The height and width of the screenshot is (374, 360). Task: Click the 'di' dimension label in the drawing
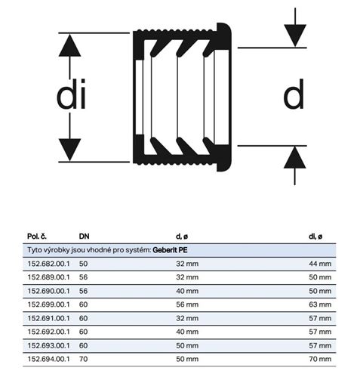pyautogui.click(x=71, y=94)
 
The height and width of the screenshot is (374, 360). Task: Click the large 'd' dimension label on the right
pyautogui.click(x=294, y=94)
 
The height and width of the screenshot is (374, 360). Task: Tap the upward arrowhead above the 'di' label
pyautogui.click(x=69, y=45)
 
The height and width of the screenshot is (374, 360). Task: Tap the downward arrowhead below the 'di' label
pyautogui.click(x=69, y=150)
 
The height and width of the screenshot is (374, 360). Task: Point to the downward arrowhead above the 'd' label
pyautogui.click(x=295, y=36)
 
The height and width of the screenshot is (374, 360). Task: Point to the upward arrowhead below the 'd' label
pyautogui.click(x=295, y=157)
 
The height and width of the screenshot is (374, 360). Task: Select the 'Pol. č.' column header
pyautogui.click(x=37, y=236)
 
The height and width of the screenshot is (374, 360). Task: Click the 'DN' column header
pyautogui.click(x=84, y=236)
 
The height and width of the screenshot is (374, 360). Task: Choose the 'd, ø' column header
pyautogui.click(x=182, y=236)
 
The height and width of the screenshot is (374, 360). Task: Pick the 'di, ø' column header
pyautogui.click(x=315, y=236)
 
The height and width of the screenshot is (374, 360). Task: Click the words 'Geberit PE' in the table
pyautogui.click(x=170, y=250)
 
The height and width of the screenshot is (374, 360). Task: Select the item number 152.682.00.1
pyautogui.click(x=48, y=264)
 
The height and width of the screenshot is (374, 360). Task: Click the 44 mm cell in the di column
pyautogui.click(x=320, y=264)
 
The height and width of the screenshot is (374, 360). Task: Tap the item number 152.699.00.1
pyautogui.click(x=48, y=304)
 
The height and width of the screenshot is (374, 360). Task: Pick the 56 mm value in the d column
pyautogui.click(x=187, y=304)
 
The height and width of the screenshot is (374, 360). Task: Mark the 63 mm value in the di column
pyautogui.click(x=320, y=304)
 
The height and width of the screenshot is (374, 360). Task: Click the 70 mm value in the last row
pyautogui.click(x=320, y=359)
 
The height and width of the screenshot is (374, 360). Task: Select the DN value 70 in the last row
pyautogui.click(x=83, y=359)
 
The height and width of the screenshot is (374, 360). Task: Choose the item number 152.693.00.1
pyautogui.click(x=48, y=345)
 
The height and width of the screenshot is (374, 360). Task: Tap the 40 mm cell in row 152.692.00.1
pyautogui.click(x=187, y=332)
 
